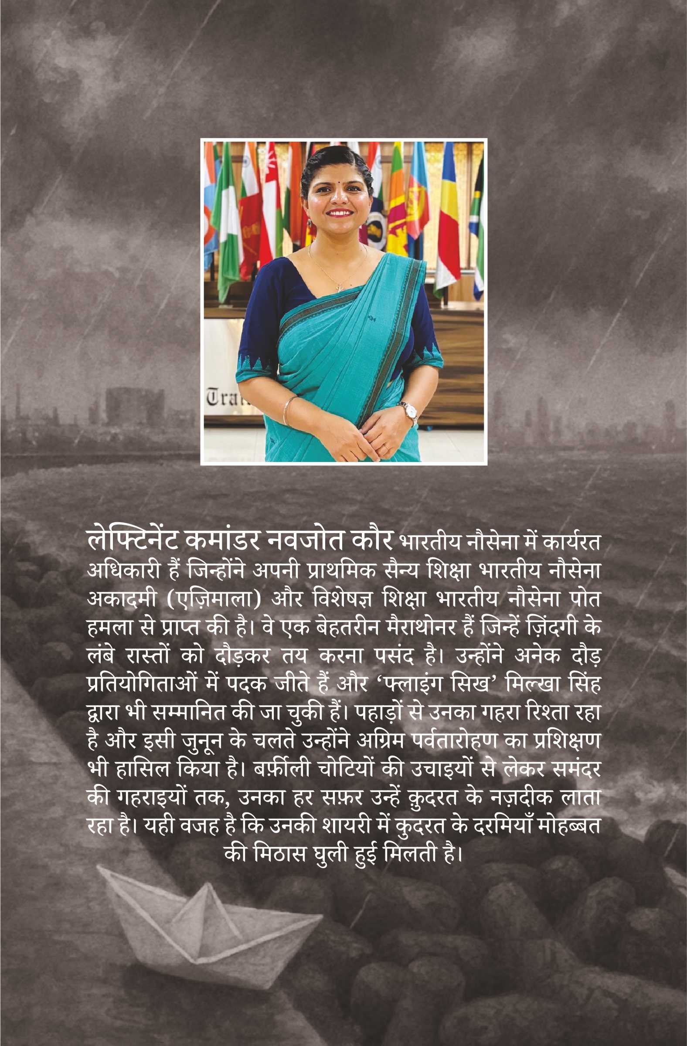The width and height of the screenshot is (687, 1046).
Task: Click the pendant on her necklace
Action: coord(340,286)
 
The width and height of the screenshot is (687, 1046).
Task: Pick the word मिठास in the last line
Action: coord(280,854)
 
